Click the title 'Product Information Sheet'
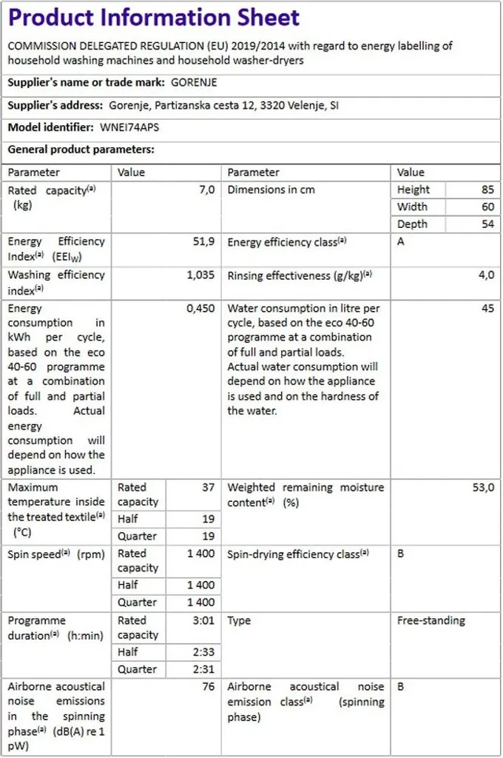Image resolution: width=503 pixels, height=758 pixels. tap(154, 18)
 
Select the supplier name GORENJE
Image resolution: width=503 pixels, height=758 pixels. tap(194, 82)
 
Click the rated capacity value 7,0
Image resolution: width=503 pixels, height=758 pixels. tap(207, 190)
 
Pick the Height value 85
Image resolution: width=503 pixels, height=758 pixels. tap(487, 190)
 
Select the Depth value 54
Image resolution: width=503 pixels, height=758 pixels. tap(487, 224)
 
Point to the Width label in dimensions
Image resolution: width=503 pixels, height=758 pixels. tap(412, 207)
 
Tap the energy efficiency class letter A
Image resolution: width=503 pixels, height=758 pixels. tap(401, 242)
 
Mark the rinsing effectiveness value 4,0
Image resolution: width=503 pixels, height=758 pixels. tap(486, 275)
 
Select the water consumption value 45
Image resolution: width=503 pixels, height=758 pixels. tap(487, 309)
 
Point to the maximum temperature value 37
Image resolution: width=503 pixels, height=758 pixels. tap(209, 488)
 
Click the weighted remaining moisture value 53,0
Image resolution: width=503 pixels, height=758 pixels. tap(483, 488)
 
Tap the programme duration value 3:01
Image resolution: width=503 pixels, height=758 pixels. tap(203, 621)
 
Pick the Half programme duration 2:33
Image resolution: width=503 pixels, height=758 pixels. tap(203, 652)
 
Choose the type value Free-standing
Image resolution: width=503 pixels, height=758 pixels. tap(431, 621)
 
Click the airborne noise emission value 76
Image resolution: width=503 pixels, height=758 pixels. tap(209, 687)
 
